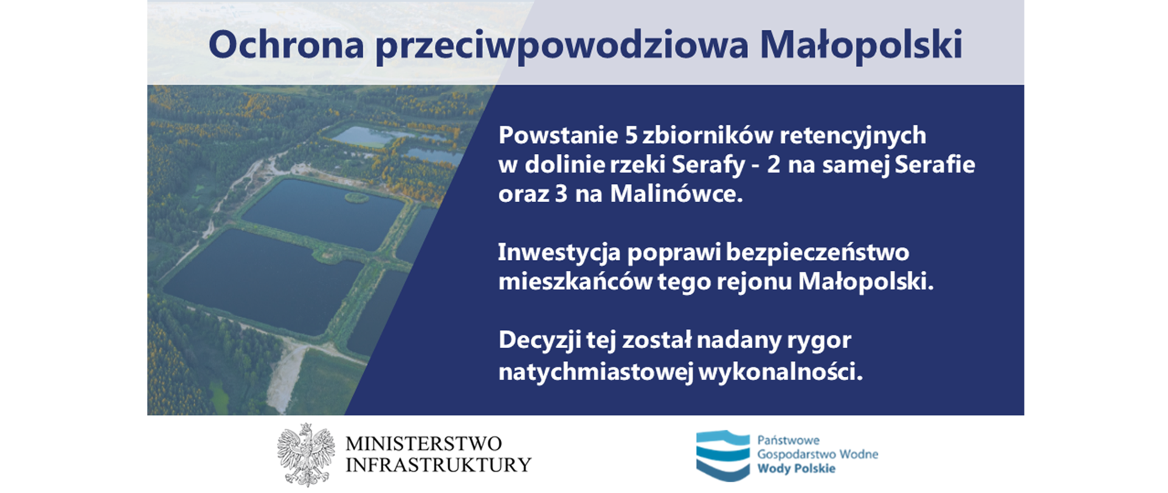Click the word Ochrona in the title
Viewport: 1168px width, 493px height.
point(286,45)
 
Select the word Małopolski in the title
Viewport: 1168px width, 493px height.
point(861,45)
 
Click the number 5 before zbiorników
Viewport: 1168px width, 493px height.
point(631,135)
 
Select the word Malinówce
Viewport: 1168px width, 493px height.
point(676,194)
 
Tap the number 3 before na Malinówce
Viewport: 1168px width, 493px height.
point(561,194)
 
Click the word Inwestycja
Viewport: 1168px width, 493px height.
point(558,253)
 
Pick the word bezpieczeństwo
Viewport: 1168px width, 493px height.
point(818,253)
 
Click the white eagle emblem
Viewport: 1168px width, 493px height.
point(306,454)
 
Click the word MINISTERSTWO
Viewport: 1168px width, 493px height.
point(423,443)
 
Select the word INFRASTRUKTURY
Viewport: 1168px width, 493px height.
point(438,465)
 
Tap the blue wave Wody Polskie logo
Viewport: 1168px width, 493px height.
point(723,455)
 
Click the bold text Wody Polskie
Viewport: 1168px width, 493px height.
point(796,469)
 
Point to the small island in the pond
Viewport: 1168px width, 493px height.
point(356,197)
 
